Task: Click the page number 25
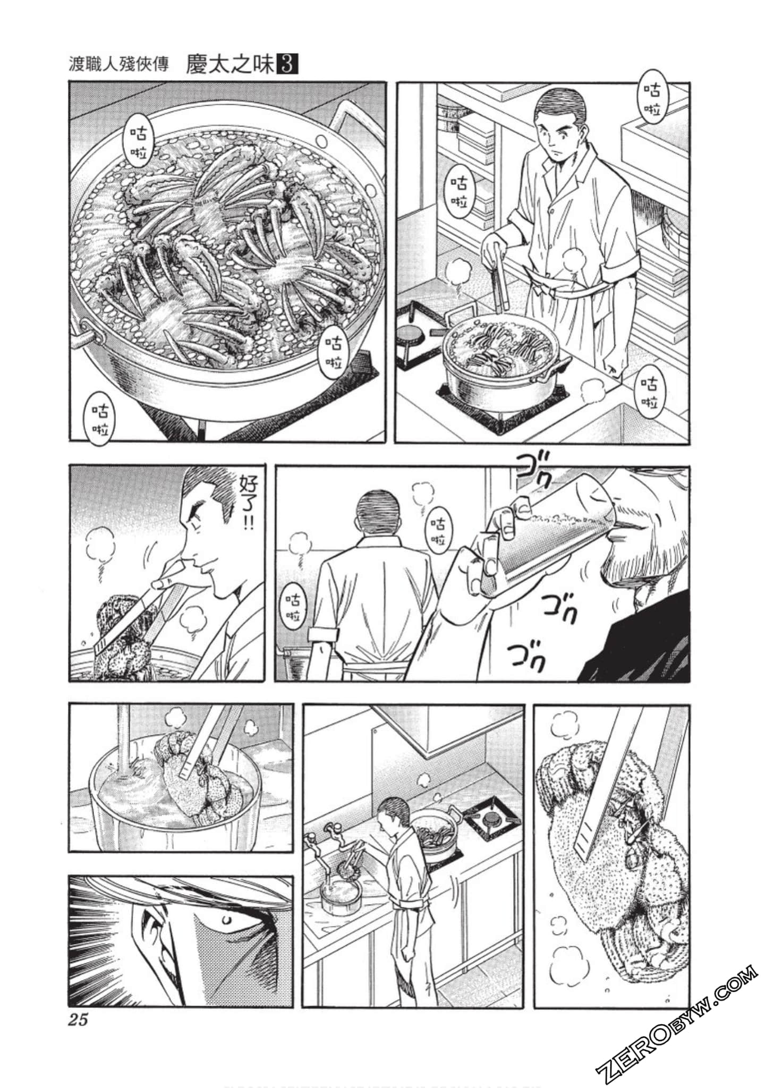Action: pos(78,1020)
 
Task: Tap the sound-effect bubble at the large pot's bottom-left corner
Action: pos(100,420)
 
